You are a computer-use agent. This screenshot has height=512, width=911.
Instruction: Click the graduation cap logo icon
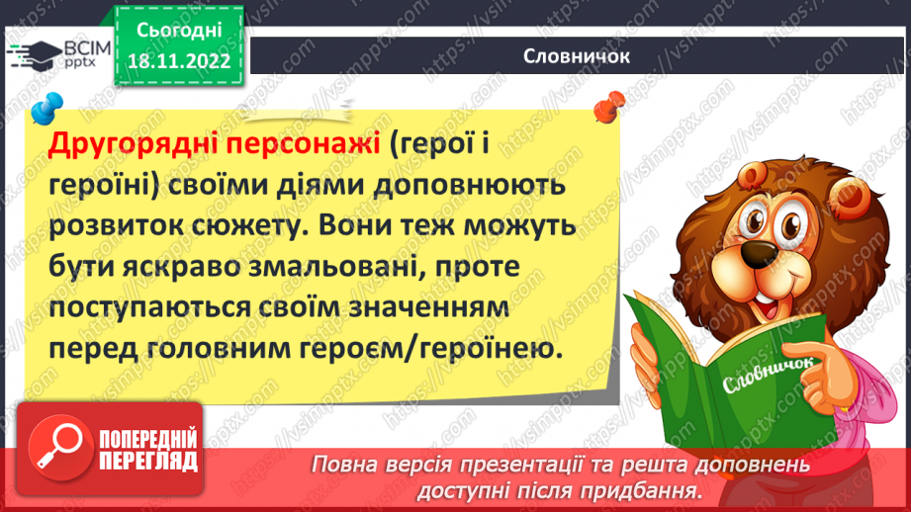point(33,55)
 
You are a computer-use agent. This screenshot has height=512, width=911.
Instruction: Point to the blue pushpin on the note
point(42,108)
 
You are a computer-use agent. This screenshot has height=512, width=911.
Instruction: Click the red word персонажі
point(303,146)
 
